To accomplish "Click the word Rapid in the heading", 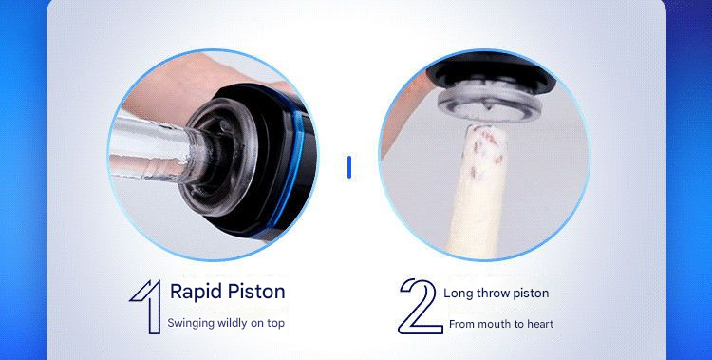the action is tap(193, 293).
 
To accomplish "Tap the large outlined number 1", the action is tap(147, 307).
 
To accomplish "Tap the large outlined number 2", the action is tap(420, 307).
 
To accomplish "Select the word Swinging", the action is tap(191, 324).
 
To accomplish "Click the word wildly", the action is tap(232, 323).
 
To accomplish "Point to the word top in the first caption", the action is tap(276, 324).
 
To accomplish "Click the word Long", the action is tap(459, 294).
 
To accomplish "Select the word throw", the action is tap(493, 294).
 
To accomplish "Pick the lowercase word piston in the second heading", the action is tap(531, 294).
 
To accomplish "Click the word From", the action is tap(460, 324).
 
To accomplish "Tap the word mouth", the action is tap(491, 324).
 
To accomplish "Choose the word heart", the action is tap(539, 324).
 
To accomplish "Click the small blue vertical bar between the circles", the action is tap(349, 167).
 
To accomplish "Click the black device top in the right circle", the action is tap(492, 72).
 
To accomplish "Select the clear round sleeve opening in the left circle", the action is tap(219, 150).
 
